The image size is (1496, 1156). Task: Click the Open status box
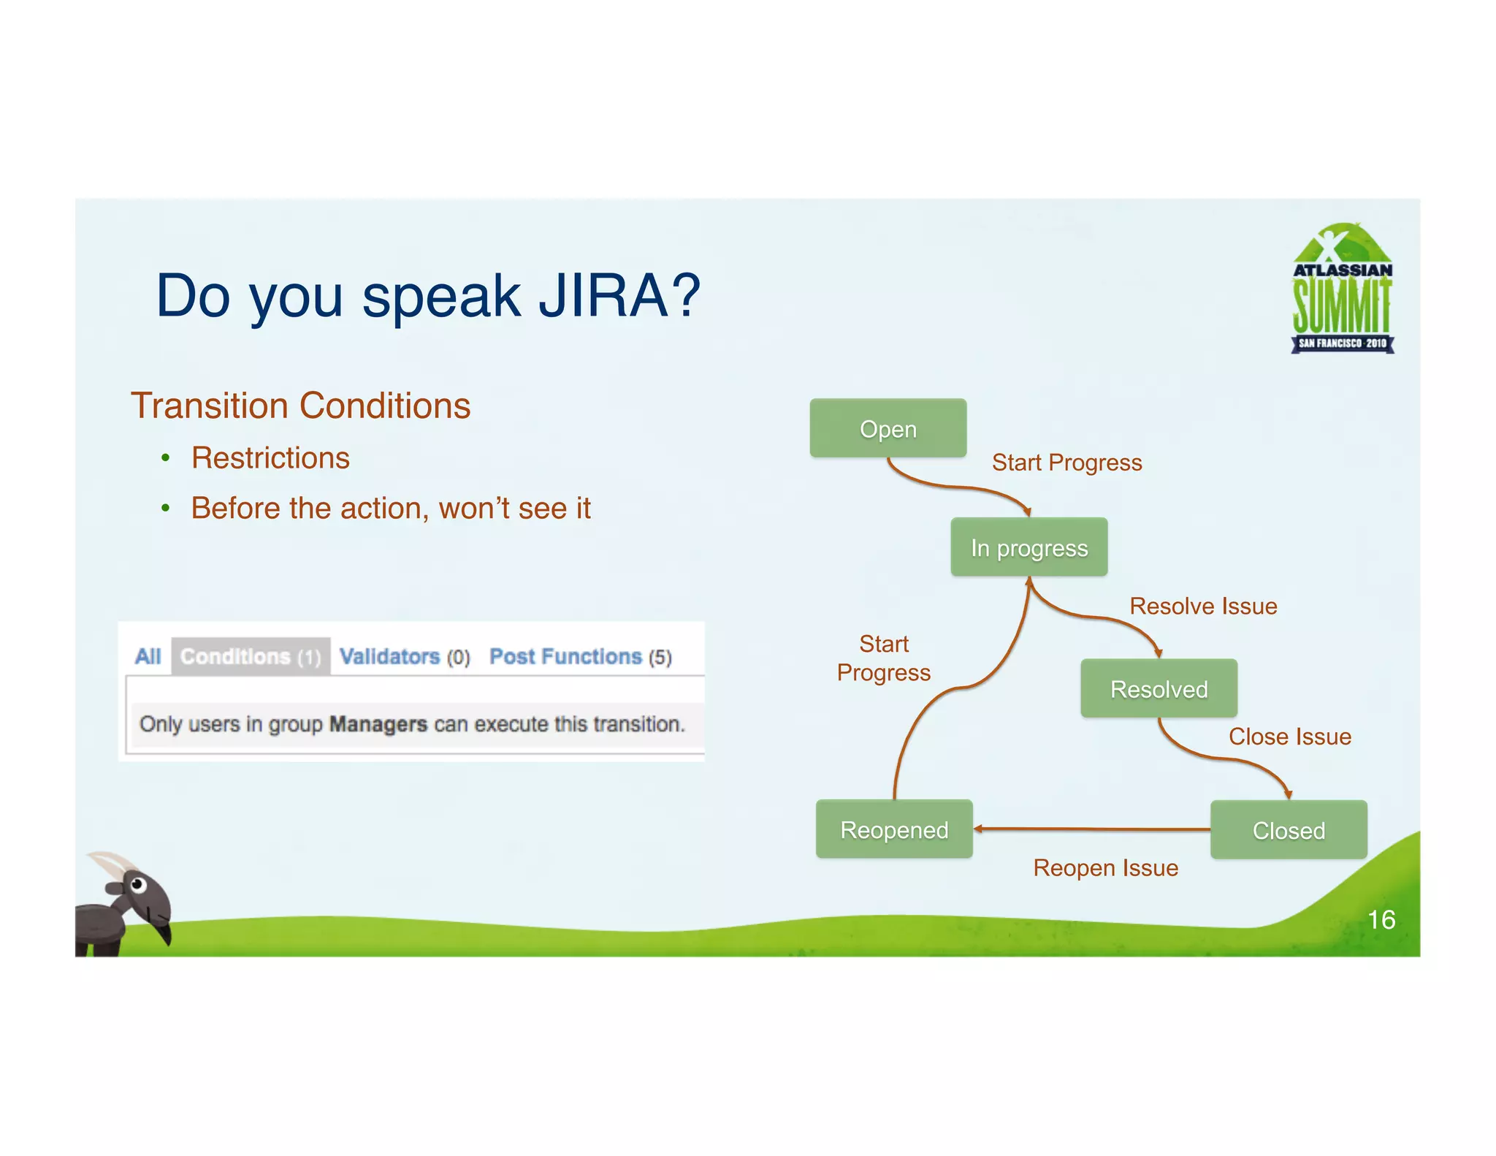[x=888, y=429]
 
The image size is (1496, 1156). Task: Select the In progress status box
[x=1028, y=547]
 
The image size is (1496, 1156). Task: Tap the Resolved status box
[x=1159, y=688]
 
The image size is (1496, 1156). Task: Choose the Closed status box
[x=1289, y=830]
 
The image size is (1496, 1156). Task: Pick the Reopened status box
[x=894, y=829]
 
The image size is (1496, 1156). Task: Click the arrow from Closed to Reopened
[x=1091, y=829]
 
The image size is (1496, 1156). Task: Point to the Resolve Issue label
[x=1203, y=606]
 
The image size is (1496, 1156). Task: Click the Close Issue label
[x=1289, y=737]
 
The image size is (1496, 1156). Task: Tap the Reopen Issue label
[x=1105, y=867]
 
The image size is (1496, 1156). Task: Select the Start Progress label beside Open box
[x=1066, y=463]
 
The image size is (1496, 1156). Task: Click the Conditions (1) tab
[x=251, y=656]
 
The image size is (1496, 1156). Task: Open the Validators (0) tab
[x=405, y=656]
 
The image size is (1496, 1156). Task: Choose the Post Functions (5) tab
[x=580, y=656]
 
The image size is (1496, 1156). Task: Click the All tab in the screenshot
[x=148, y=656]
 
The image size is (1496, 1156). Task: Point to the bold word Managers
[x=378, y=724]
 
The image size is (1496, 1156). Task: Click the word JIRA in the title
[x=603, y=295]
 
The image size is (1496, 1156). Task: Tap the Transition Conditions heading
[x=300, y=406]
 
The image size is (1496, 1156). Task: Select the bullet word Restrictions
[x=270, y=458]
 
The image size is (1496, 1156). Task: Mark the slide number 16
[x=1381, y=919]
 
